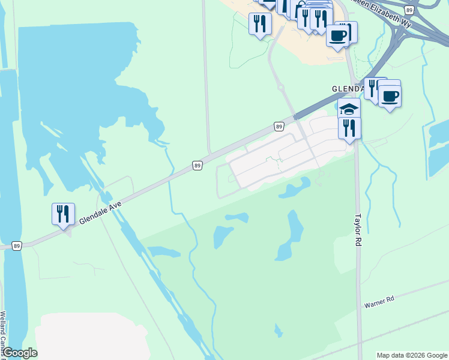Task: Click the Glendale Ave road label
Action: click(x=100, y=214)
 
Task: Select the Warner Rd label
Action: click(x=378, y=302)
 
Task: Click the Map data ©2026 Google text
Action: click(x=411, y=355)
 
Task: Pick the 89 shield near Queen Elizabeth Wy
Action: click(x=409, y=10)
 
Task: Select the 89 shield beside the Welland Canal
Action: click(x=17, y=246)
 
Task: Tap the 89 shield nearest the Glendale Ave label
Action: click(x=197, y=165)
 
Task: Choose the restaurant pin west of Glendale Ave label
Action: click(x=63, y=214)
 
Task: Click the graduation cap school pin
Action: click(x=349, y=109)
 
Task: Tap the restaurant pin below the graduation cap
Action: click(x=349, y=128)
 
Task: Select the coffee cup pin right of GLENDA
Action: click(x=390, y=95)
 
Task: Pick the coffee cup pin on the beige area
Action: click(x=339, y=35)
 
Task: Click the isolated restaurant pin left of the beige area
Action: click(x=260, y=23)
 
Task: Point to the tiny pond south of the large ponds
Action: click(x=278, y=330)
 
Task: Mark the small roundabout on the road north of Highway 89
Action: click(x=280, y=87)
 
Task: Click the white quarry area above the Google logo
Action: click(x=90, y=336)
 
